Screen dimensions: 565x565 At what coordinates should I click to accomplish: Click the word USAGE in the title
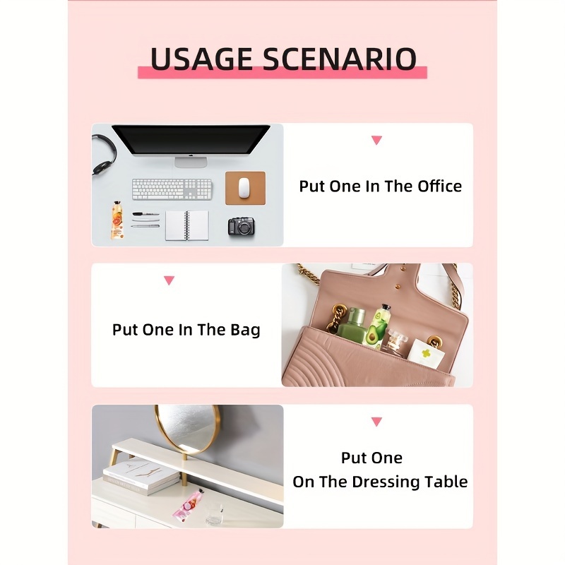(x=201, y=59)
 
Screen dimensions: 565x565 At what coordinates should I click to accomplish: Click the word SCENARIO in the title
(x=340, y=59)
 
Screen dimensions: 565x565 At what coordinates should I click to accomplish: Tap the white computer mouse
(x=244, y=188)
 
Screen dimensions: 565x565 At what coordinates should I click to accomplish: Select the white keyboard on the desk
(x=172, y=189)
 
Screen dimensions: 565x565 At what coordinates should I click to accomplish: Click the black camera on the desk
(x=242, y=226)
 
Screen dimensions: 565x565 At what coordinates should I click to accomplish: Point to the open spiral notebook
(x=187, y=225)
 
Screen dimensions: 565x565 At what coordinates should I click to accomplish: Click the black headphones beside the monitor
(x=104, y=154)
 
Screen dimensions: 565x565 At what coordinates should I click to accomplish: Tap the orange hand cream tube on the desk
(x=117, y=220)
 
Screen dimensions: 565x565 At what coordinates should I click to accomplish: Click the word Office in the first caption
(x=439, y=186)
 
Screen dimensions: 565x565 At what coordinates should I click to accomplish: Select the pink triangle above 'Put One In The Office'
(x=376, y=140)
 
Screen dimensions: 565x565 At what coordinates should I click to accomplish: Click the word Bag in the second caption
(x=245, y=331)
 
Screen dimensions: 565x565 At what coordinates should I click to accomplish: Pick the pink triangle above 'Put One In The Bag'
(x=169, y=280)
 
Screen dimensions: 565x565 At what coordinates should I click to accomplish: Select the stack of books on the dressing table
(x=141, y=475)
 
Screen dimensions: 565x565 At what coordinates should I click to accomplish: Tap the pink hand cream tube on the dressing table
(x=187, y=504)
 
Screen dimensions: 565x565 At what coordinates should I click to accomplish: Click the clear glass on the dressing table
(x=215, y=514)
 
